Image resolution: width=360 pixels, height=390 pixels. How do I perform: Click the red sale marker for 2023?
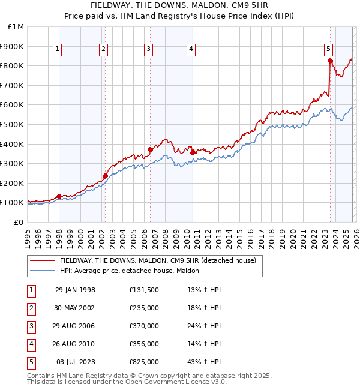[330, 61]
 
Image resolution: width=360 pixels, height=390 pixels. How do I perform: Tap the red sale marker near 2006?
[150, 149]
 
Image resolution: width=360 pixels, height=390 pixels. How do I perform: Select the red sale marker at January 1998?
[59, 196]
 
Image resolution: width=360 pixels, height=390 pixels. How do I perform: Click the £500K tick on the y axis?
[13, 124]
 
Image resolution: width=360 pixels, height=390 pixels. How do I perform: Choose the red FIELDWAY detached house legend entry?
[158, 260]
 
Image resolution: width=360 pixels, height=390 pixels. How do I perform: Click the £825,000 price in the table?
[144, 362]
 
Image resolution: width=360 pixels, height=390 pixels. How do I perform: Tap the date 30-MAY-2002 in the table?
[75, 308]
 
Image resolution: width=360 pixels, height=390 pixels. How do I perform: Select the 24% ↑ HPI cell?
[204, 326]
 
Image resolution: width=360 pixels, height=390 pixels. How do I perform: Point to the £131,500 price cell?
[144, 290]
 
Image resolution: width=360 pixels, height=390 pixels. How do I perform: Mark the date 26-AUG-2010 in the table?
[75, 344]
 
